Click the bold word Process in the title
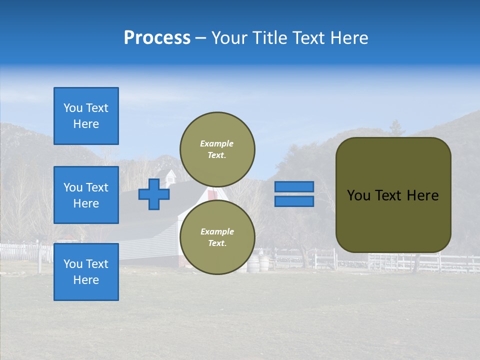(157, 37)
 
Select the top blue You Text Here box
(86, 116)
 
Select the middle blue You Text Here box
(86, 195)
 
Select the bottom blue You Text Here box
(86, 271)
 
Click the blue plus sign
(154, 194)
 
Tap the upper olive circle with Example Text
(217, 149)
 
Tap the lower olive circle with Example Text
(217, 237)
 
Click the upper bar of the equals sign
(294, 187)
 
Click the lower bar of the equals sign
(294, 201)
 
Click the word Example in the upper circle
(216, 143)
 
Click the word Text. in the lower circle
(217, 243)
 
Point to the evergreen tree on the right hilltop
(396, 128)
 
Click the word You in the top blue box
(72, 108)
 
